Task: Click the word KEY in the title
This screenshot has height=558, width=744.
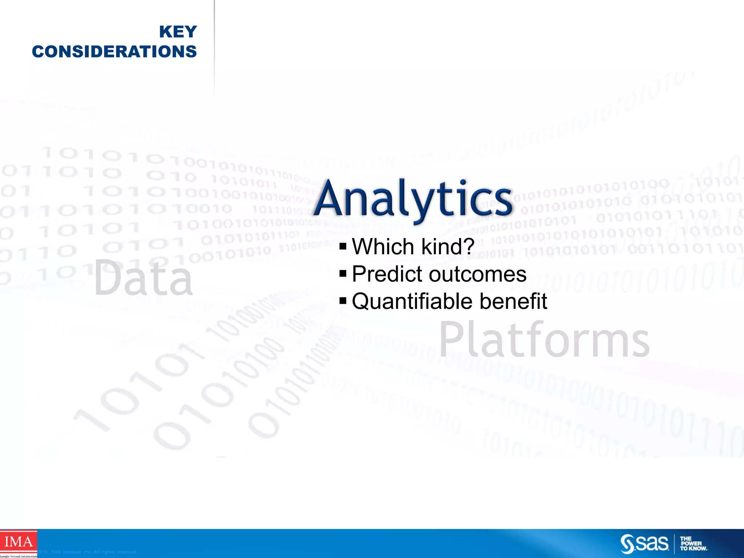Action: tap(178, 32)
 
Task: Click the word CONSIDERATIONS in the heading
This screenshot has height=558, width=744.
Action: tap(114, 52)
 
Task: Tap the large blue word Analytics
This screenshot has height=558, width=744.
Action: tap(413, 199)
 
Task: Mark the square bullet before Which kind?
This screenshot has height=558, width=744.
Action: tap(343, 247)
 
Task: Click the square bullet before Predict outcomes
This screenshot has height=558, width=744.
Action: tap(343, 274)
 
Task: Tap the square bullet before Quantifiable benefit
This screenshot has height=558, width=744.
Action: tap(343, 301)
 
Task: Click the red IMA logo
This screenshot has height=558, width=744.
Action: tap(18, 542)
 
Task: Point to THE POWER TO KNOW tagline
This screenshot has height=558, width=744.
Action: tap(693, 544)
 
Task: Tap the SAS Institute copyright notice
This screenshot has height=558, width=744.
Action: tap(87, 552)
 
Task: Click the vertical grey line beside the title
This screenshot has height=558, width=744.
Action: tap(214, 47)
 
